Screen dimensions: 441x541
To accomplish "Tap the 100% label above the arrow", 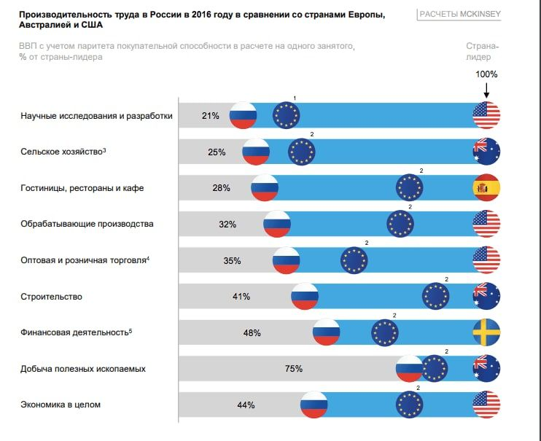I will click(486, 74).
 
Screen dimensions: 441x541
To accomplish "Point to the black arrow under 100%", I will click(486, 90).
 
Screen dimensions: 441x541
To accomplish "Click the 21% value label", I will click(211, 115).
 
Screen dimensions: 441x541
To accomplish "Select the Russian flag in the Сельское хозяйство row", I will click(256, 152).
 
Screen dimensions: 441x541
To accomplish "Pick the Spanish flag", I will click(486, 188).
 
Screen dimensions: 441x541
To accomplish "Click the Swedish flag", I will click(486, 332).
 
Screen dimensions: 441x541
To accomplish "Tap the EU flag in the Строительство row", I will click(436, 296).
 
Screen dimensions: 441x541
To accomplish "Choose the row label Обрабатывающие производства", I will click(87, 224).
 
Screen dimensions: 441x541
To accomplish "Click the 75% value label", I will click(294, 369).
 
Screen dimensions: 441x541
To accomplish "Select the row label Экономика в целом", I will click(61, 405).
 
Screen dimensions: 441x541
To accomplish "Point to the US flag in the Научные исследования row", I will click(486, 115).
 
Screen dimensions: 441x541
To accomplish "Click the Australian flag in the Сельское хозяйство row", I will click(486, 152).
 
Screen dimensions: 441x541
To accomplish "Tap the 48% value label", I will click(252, 332).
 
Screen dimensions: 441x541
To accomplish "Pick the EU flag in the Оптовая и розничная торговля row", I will click(355, 259).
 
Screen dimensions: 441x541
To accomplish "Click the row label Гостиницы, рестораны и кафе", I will click(82, 188).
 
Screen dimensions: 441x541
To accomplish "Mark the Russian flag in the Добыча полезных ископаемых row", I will click(409, 369).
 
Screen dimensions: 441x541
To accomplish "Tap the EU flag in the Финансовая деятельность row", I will click(385, 332).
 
